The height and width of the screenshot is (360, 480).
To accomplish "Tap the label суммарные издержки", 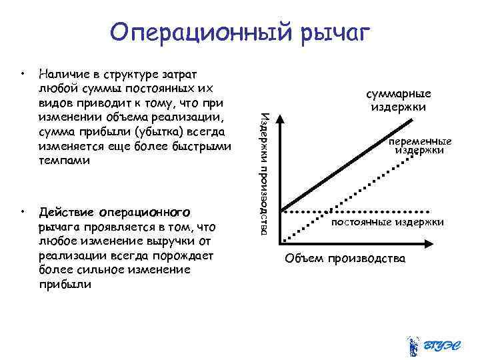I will [400, 100].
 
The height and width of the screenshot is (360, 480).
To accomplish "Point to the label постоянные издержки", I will [387, 222].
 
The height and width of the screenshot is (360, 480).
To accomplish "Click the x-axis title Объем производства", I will [345, 258].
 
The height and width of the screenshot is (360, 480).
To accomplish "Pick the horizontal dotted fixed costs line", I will [360, 210].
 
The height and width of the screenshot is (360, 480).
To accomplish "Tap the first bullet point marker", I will [23, 69].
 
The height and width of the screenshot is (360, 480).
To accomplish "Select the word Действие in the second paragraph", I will [66, 213].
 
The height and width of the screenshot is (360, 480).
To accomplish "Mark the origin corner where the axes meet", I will [281, 241].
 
